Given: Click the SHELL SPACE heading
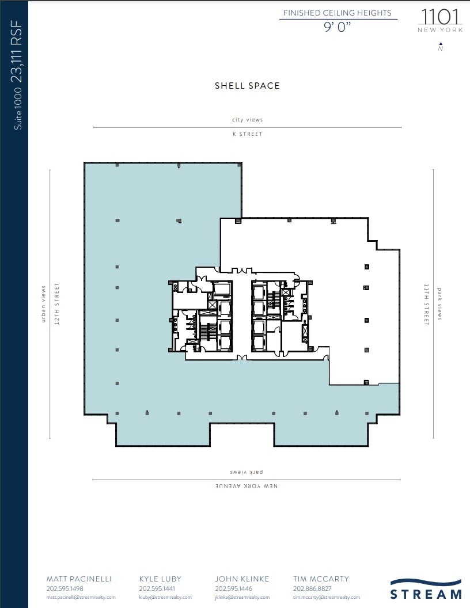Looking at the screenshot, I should click(x=247, y=86).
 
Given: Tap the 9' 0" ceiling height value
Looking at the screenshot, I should click(x=338, y=27).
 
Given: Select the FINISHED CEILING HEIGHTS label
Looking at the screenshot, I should click(x=337, y=13).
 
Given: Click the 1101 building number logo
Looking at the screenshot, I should click(x=440, y=16).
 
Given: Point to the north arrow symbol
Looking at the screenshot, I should click(x=441, y=44).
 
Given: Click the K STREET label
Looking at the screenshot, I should click(x=247, y=134).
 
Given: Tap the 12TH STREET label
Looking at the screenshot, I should click(x=56, y=304).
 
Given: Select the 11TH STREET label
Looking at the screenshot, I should click(x=427, y=304).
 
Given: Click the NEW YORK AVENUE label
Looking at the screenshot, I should click(x=247, y=487).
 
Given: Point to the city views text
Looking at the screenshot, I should click(x=247, y=120).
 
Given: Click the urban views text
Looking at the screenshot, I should click(x=43, y=304).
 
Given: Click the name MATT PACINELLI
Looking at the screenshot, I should click(x=79, y=579).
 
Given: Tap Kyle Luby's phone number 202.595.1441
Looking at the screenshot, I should click(x=157, y=589).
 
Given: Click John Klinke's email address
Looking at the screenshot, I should click(x=242, y=598).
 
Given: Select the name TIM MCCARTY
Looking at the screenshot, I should click(x=321, y=579).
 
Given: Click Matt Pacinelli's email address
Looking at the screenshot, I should click(x=81, y=598).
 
